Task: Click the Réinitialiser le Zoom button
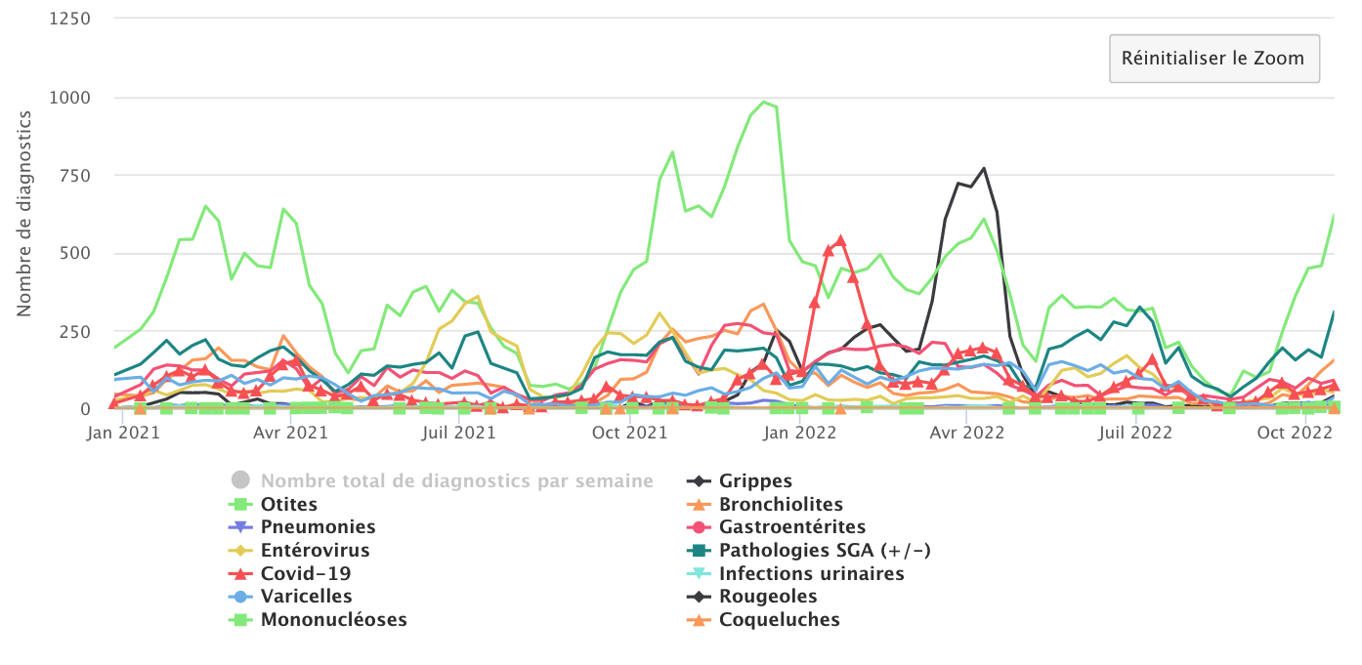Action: (x=1213, y=59)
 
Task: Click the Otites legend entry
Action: (x=288, y=505)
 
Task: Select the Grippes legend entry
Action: (x=755, y=481)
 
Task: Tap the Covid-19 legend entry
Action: (x=305, y=574)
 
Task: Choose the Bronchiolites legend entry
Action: (x=781, y=505)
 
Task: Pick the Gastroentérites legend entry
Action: (x=792, y=527)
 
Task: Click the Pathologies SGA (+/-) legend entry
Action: (x=825, y=551)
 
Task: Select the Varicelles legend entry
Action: (x=306, y=597)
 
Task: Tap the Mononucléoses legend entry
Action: (x=333, y=620)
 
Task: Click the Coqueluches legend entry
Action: (x=779, y=620)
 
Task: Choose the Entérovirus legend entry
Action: (x=315, y=551)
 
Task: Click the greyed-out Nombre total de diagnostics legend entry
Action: (x=456, y=481)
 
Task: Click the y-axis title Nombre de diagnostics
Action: (x=24, y=213)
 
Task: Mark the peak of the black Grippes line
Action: (x=984, y=168)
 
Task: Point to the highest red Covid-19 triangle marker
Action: (x=840, y=240)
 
